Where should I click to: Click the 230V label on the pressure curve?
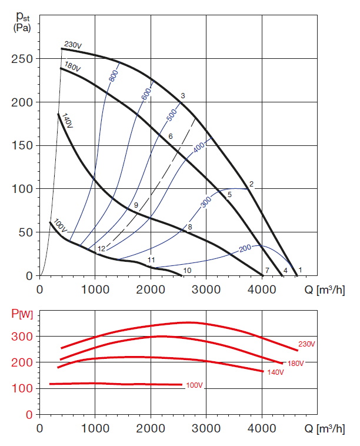tap(72, 44)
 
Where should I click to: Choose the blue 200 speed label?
tap(245, 249)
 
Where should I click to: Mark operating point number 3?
tap(183, 95)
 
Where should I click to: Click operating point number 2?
tap(251, 184)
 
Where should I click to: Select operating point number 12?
tap(101, 249)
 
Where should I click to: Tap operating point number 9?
tap(135, 205)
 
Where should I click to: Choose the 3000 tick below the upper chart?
tap(206, 289)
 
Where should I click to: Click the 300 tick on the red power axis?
tap(23, 337)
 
